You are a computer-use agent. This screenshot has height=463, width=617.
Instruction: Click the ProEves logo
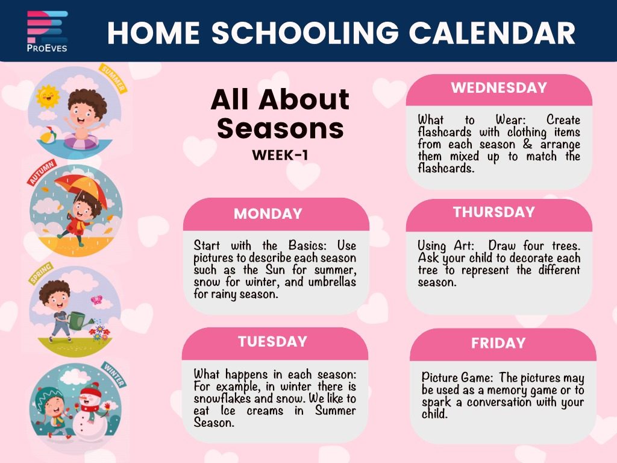tap(47, 31)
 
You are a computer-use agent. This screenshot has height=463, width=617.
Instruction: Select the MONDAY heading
tap(268, 214)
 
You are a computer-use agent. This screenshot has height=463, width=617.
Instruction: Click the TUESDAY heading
tap(272, 341)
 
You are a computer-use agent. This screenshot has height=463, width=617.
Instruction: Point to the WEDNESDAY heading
tap(499, 87)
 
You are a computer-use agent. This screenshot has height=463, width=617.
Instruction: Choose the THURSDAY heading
tap(494, 212)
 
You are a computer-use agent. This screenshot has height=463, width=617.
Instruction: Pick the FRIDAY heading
tap(498, 343)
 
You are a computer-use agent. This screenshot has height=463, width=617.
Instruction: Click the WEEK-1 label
tap(280, 155)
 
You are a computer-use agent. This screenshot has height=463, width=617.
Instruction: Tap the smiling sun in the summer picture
tap(48, 96)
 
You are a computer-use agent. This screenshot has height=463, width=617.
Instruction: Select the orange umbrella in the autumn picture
tap(81, 191)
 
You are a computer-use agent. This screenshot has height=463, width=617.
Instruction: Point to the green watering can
tap(79, 320)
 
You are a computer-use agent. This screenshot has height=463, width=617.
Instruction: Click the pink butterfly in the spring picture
tap(96, 300)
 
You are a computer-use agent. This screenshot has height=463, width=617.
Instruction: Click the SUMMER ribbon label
tap(113, 78)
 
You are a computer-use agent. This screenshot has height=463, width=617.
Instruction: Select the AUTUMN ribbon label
tap(42, 172)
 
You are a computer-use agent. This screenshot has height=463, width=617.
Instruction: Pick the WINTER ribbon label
tap(114, 374)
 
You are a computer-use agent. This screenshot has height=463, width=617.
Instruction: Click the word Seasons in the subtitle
tap(280, 128)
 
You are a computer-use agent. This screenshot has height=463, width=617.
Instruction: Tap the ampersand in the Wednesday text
tap(527, 144)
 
